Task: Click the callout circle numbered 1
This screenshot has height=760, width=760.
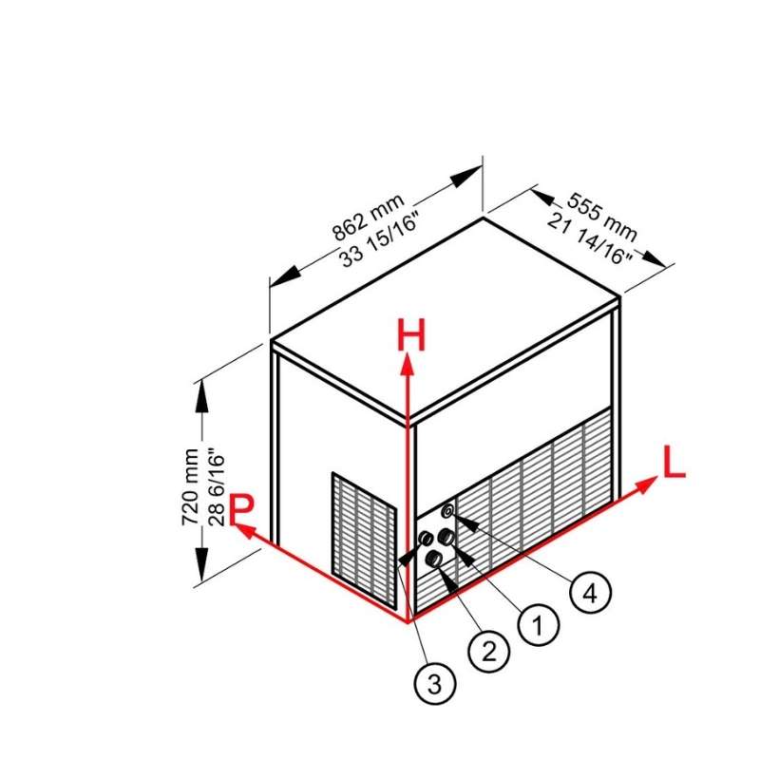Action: [539, 625]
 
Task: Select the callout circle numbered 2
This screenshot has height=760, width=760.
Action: [488, 651]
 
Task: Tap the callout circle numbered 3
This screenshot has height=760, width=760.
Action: [435, 684]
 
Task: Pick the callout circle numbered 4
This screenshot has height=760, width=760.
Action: [590, 592]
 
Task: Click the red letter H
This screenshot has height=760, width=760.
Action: [411, 335]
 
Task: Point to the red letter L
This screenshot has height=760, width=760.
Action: [674, 462]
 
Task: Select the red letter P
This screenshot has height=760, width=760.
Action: [241, 509]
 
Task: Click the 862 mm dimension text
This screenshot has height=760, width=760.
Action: [369, 218]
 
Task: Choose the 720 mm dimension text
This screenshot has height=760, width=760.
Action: [190, 487]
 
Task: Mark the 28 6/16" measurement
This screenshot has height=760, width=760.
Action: [217, 489]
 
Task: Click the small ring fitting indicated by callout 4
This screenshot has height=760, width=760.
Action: [448, 510]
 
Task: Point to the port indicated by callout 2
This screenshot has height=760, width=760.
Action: [433, 559]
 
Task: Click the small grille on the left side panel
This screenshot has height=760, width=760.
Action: [364, 541]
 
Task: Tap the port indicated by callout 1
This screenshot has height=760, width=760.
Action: [446, 537]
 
